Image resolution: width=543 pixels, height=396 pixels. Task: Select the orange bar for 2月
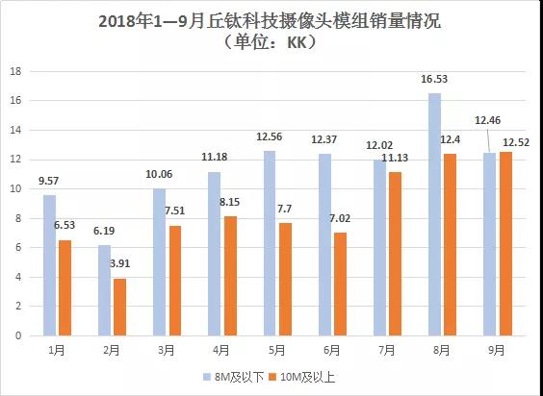click(x=119, y=307)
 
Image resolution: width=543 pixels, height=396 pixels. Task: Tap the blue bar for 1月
click(x=49, y=265)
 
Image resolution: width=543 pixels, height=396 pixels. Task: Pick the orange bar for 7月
click(x=395, y=254)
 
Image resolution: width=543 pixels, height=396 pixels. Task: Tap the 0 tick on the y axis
click(x=17, y=336)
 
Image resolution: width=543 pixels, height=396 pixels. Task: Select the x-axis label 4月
click(x=220, y=351)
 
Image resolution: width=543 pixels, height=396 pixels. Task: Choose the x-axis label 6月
click(x=332, y=351)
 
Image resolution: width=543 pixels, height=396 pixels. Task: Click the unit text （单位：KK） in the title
click(x=271, y=42)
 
